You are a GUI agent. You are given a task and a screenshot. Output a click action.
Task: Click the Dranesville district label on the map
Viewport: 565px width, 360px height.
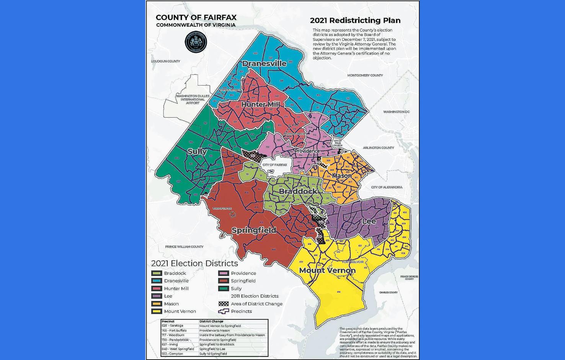pyautogui.click(x=264, y=64)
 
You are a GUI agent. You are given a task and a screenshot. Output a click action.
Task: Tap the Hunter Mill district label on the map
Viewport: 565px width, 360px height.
pyautogui.click(x=260, y=104)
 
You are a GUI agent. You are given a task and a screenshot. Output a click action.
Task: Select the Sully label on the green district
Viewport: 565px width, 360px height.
pyautogui.click(x=197, y=151)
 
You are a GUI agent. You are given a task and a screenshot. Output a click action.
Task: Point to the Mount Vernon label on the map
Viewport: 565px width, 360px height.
pyautogui.click(x=327, y=270)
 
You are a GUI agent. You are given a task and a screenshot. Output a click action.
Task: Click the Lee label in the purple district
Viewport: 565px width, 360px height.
pyautogui.click(x=369, y=221)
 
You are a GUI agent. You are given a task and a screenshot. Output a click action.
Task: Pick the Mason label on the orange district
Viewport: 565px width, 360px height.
pyautogui.click(x=341, y=176)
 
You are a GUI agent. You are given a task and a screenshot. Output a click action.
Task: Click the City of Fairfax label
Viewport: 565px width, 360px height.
pyautogui.click(x=274, y=165)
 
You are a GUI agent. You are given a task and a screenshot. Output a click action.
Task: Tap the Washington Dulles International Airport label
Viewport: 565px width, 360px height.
pyautogui.click(x=193, y=99)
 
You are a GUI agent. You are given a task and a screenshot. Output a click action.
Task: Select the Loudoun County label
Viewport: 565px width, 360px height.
pyautogui.click(x=165, y=61)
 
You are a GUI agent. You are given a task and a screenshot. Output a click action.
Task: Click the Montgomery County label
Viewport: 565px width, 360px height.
pyautogui.click(x=365, y=75)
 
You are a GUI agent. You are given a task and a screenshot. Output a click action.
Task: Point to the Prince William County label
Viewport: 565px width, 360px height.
pyautogui.click(x=184, y=247)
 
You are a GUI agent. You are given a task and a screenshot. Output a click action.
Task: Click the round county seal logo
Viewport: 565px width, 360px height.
pyautogui.click(x=196, y=42)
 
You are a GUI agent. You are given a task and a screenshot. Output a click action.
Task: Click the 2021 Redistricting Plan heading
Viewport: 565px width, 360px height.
pyautogui.click(x=355, y=21)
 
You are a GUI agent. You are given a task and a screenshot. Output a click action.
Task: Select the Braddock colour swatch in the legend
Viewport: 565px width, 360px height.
pyautogui.click(x=157, y=273)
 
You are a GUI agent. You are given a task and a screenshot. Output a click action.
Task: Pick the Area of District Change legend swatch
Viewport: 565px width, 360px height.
pyautogui.click(x=224, y=304)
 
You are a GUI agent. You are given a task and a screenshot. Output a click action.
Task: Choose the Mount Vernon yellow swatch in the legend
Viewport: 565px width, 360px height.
pyautogui.click(x=157, y=311)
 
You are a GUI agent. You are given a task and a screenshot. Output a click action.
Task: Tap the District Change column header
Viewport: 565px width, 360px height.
pyautogui.click(x=211, y=321)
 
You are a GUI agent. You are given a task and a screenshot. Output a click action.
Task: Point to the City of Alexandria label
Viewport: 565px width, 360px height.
pyautogui.click(x=387, y=187)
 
